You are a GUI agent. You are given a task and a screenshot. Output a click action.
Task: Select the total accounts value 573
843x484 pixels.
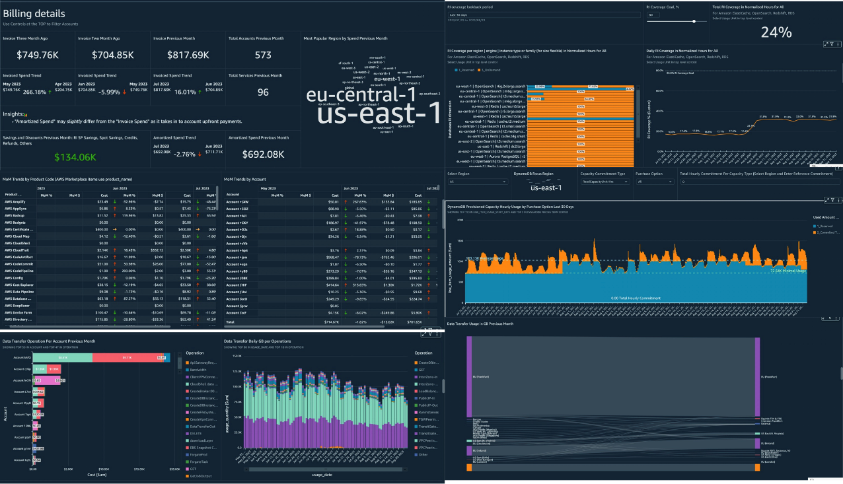[x=263, y=55]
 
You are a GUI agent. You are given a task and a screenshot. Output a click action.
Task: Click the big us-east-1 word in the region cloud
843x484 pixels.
[x=378, y=114]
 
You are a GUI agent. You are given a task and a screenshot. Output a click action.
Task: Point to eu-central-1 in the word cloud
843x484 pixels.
[x=351, y=94]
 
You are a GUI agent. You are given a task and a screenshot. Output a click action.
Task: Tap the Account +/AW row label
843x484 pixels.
[x=237, y=201]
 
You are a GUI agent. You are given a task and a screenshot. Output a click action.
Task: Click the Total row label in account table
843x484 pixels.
[x=231, y=322]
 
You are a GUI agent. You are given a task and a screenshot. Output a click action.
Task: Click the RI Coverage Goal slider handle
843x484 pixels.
[x=694, y=21]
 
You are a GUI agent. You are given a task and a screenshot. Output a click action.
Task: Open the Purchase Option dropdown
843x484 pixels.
[x=654, y=181]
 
